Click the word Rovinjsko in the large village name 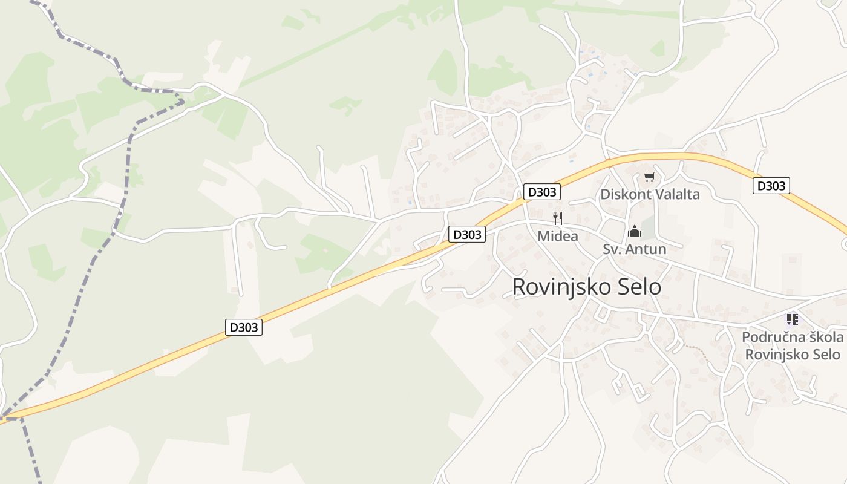coord(560,287)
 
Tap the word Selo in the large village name coord(638,287)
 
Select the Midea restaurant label coord(558,236)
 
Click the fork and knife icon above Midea coord(558,218)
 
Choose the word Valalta coord(676,194)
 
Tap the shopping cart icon coord(649,177)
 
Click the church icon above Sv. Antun coord(634,231)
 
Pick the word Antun coord(648,249)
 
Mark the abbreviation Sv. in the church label coord(612,249)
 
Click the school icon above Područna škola coord(792,319)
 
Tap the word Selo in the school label coord(825,354)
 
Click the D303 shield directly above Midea coord(541,192)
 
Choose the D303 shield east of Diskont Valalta coord(771,186)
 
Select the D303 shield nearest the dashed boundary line coord(244,327)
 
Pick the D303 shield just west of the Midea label coord(467,234)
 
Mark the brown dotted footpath coord(696,353)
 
